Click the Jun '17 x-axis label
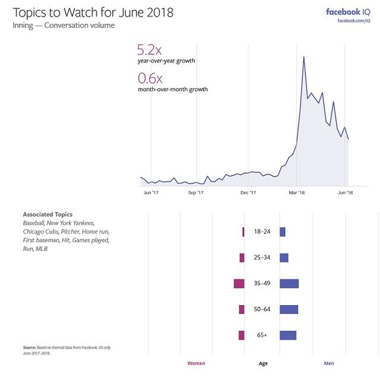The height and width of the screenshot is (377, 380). [151, 193]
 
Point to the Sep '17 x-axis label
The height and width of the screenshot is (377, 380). [196, 193]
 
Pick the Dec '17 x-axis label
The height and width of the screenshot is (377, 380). [248, 193]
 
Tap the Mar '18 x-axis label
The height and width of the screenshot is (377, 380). [297, 193]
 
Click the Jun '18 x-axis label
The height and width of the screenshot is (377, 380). [346, 193]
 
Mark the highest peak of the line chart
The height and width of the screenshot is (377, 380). [303, 57]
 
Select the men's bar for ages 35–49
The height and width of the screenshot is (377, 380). [289, 284]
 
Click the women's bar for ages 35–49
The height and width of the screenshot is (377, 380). [239, 284]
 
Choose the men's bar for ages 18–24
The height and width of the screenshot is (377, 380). [283, 232]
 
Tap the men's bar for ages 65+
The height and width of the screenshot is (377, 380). [287, 335]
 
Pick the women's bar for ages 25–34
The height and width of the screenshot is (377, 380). [242, 258]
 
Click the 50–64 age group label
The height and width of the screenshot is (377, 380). [262, 309]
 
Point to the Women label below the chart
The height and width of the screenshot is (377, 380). [196, 363]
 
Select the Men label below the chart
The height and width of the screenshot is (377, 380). [328, 363]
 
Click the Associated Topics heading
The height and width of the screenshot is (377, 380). [47, 214]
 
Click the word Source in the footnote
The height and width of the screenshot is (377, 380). [30, 347]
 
